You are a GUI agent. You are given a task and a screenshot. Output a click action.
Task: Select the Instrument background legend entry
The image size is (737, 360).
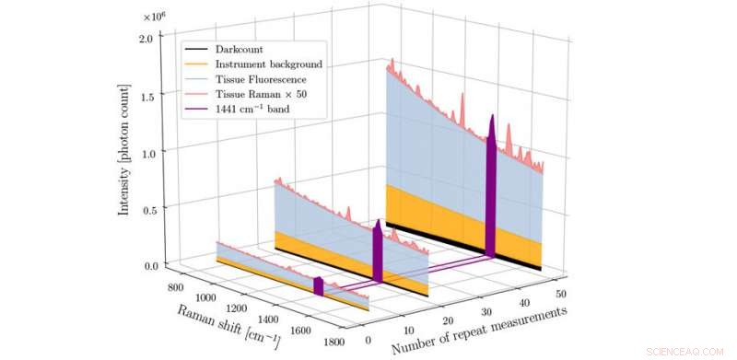[268, 65]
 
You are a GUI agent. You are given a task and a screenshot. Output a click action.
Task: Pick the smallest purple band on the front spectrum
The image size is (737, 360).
[319, 285]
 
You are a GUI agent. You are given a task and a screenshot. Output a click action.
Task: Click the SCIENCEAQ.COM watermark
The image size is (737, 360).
[686, 351]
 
